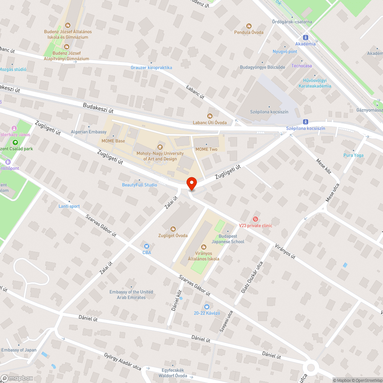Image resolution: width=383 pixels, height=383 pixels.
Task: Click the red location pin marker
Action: (191, 183)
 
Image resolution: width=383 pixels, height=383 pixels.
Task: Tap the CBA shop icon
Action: (146, 246)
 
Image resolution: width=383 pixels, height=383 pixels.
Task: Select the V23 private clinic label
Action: (255, 226)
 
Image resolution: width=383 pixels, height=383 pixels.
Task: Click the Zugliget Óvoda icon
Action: (173, 229)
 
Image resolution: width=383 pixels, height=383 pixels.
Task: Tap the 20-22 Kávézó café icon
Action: (207, 307)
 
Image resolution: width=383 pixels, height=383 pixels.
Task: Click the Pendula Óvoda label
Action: (249, 32)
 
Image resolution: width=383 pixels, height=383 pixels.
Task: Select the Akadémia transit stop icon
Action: (306, 38)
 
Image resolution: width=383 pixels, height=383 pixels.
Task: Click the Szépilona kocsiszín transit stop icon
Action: (306, 122)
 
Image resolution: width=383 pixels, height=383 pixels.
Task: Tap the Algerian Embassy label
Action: (88, 132)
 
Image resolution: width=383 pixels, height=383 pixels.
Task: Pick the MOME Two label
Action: (206, 149)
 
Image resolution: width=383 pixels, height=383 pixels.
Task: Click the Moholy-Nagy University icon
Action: (160, 147)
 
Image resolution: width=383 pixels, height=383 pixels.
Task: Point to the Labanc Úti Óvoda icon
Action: (210, 116)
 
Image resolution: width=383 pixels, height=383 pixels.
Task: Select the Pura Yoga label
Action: (353, 155)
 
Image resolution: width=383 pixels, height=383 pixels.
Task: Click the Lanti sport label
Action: (69, 206)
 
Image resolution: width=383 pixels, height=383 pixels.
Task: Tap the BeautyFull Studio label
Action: (139, 185)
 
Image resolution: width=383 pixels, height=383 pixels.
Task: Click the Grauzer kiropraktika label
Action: (151, 68)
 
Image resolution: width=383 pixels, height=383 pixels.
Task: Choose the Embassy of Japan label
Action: (19, 350)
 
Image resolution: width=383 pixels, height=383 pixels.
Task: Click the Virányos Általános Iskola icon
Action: (203, 247)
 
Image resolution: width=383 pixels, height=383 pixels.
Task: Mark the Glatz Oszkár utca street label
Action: (251, 278)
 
